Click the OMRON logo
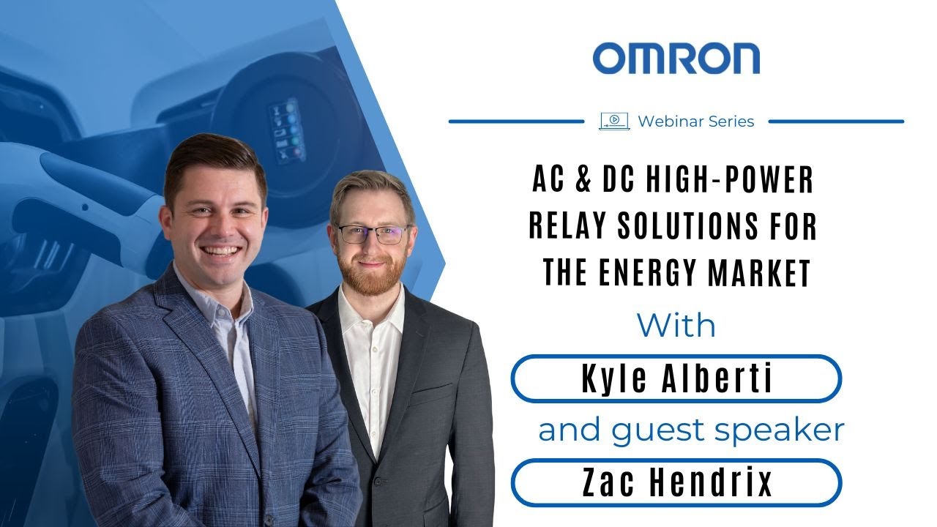pyautogui.click(x=676, y=59)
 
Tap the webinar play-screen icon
pyautogui.click(x=613, y=122)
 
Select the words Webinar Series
pyautogui.click(x=695, y=122)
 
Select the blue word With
pyautogui.click(x=676, y=325)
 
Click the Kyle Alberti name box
pyautogui.click(x=676, y=379)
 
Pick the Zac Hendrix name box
pyautogui.click(x=676, y=482)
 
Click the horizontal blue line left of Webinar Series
pyautogui.click(x=516, y=122)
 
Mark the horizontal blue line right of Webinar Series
pyautogui.click(x=836, y=122)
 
